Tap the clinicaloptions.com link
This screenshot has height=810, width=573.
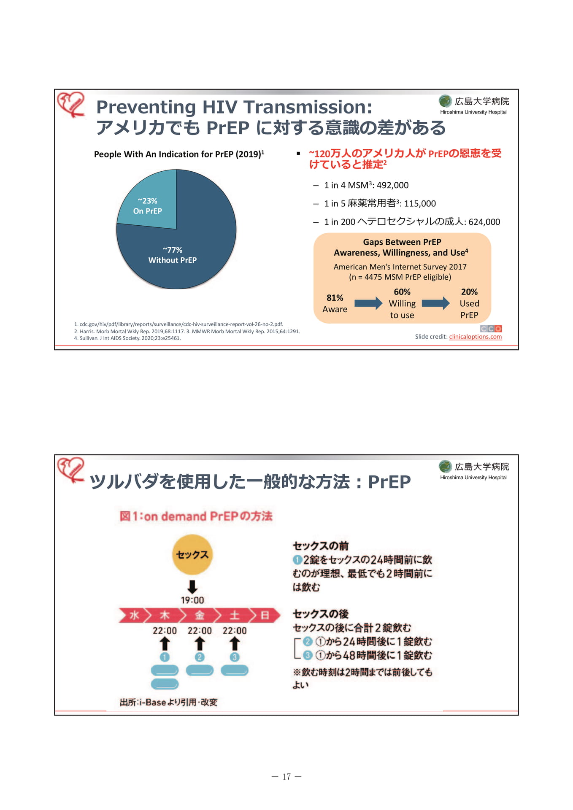point(476,337)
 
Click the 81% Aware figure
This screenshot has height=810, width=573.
point(335,303)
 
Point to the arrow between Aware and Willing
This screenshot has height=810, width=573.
point(368,303)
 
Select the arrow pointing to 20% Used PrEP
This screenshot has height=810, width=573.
point(436,303)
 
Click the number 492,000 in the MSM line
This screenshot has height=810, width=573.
point(392,185)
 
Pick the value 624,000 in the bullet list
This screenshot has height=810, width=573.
point(484,222)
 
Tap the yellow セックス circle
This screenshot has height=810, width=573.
point(192,554)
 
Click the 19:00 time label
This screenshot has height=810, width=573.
point(192,600)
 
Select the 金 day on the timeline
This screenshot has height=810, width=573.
point(200,616)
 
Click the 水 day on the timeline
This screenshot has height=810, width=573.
point(133,616)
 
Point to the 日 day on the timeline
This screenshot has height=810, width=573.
point(265,616)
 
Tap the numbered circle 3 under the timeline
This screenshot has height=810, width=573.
point(235,657)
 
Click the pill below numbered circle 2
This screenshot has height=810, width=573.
point(200,670)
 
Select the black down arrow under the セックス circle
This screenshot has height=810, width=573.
point(192,587)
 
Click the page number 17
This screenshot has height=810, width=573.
point(286,777)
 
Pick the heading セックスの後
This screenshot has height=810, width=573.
point(321,614)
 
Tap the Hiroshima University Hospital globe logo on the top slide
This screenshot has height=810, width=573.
point(445,101)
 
